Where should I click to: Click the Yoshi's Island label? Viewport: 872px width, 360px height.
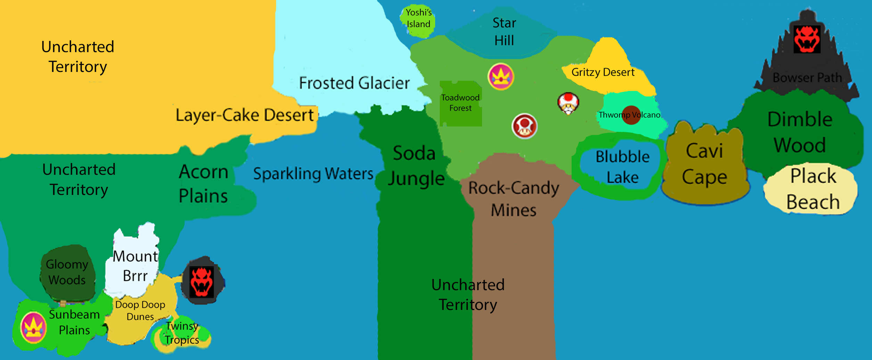click(x=419, y=18)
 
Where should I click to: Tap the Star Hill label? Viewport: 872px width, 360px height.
click(x=504, y=32)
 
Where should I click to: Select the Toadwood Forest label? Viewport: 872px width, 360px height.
click(x=460, y=103)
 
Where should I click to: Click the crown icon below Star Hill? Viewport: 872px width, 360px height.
click(x=501, y=77)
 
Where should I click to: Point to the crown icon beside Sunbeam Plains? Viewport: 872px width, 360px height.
click(x=33, y=328)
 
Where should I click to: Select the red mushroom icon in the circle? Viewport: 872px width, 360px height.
click(x=524, y=126)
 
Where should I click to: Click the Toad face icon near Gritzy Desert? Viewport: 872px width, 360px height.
click(x=568, y=103)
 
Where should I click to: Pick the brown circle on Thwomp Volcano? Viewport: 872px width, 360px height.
click(x=631, y=115)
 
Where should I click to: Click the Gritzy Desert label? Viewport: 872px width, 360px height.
click(x=603, y=72)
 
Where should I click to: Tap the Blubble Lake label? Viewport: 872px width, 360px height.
click(x=622, y=167)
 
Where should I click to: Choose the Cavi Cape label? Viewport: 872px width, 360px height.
click(x=704, y=164)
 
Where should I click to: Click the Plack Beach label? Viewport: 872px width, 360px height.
click(x=813, y=189)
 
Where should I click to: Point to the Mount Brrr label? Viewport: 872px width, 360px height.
click(x=135, y=266)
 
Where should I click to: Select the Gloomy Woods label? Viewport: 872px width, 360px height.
click(x=67, y=272)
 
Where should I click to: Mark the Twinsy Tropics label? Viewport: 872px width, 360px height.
click(x=182, y=333)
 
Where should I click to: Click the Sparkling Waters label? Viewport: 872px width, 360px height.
click(x=313, y=174)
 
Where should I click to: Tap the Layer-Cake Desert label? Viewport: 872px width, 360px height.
click(x=245, y=115)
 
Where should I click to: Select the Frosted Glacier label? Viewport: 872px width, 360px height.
click(x=354, y=83)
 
